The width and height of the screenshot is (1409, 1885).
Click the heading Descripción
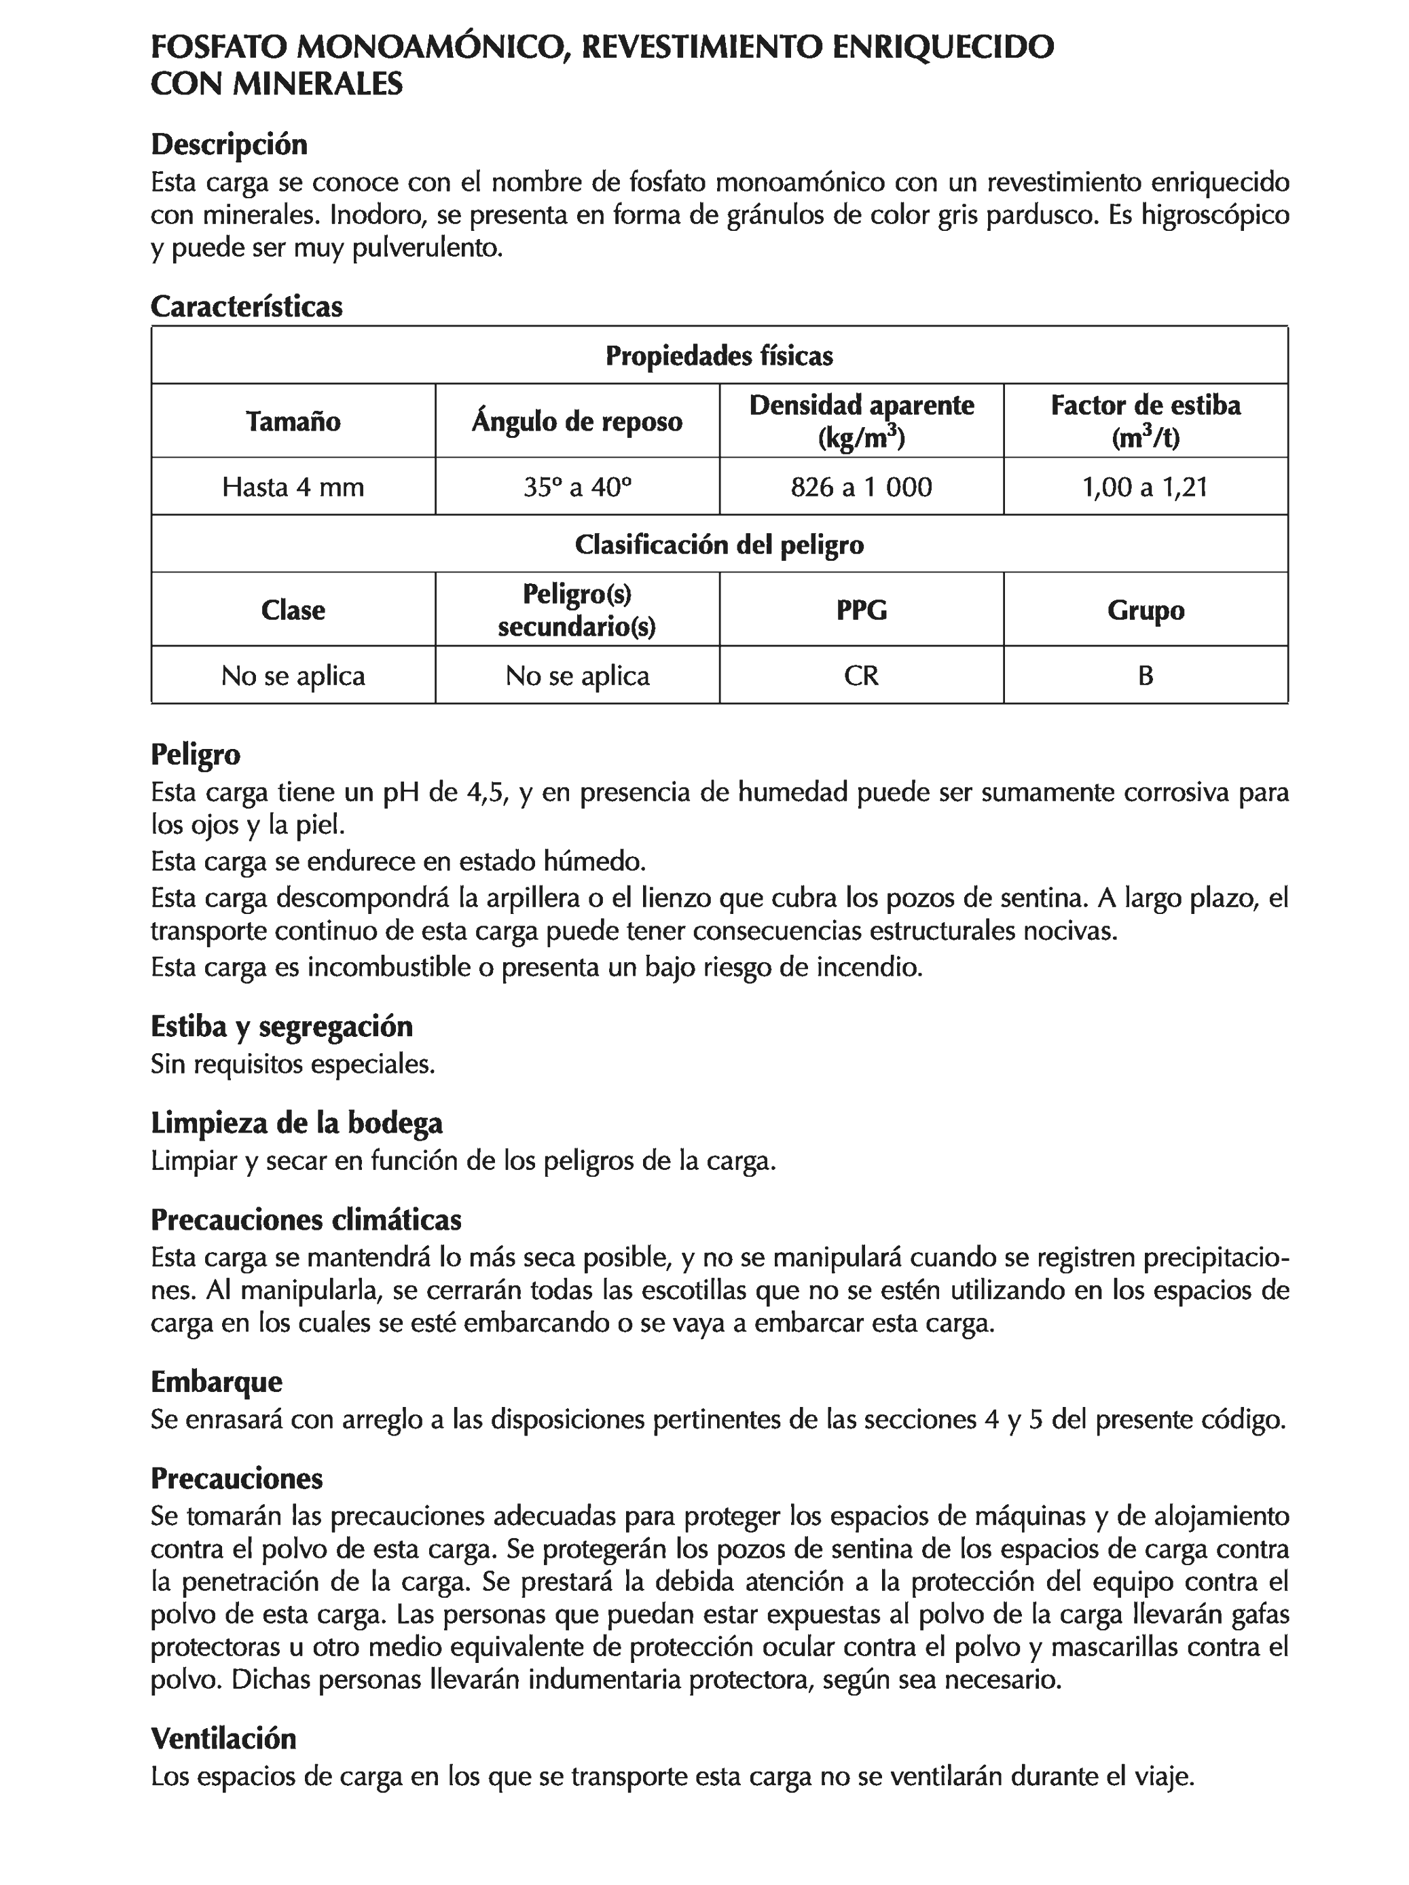click(228, 144)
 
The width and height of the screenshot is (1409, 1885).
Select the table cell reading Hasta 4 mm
click(293, 487)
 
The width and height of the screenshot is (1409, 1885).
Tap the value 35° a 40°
click(577, 487)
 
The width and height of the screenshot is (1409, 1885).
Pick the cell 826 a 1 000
click(861, 487)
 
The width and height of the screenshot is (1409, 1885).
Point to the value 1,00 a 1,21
click(1145, 487)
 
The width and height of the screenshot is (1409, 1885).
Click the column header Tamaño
click(293, 421)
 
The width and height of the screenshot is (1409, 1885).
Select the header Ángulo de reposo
click(577, 421)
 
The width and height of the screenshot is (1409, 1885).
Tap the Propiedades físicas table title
click(718, 355)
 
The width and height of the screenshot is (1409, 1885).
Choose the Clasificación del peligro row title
click(718, 544)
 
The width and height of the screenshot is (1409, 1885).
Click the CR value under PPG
click(861, 675)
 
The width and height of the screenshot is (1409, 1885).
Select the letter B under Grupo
click(1145, 675)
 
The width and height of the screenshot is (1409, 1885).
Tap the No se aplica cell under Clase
click(293, 675)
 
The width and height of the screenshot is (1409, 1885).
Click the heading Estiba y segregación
click(281, 1026)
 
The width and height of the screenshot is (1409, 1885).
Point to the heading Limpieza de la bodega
click(297, 1123)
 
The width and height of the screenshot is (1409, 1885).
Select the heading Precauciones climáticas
click(305, 1220)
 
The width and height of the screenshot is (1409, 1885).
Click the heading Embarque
click(216, 1380)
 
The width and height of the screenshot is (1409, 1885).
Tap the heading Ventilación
click(223, 1738)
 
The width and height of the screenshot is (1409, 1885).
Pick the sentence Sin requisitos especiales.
click(293, 1063)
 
